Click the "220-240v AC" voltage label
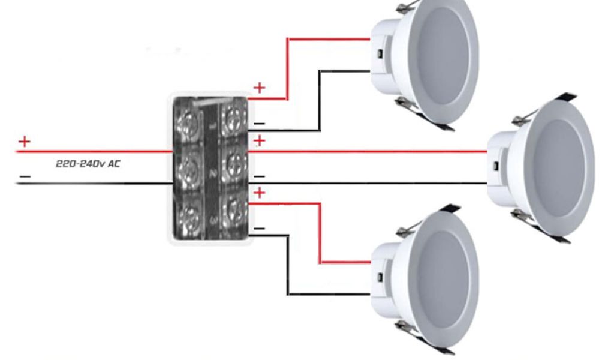pos(88,163)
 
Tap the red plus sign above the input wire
pos(24,142)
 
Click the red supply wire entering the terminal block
pos(90,152)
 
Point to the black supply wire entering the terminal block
pos(90,183)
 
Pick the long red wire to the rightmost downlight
pos(372,152)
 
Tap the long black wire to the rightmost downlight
pos(372,183)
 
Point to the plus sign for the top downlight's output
pos(259,88)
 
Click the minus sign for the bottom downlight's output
pos(259,229)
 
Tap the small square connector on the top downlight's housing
pos(380,55)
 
